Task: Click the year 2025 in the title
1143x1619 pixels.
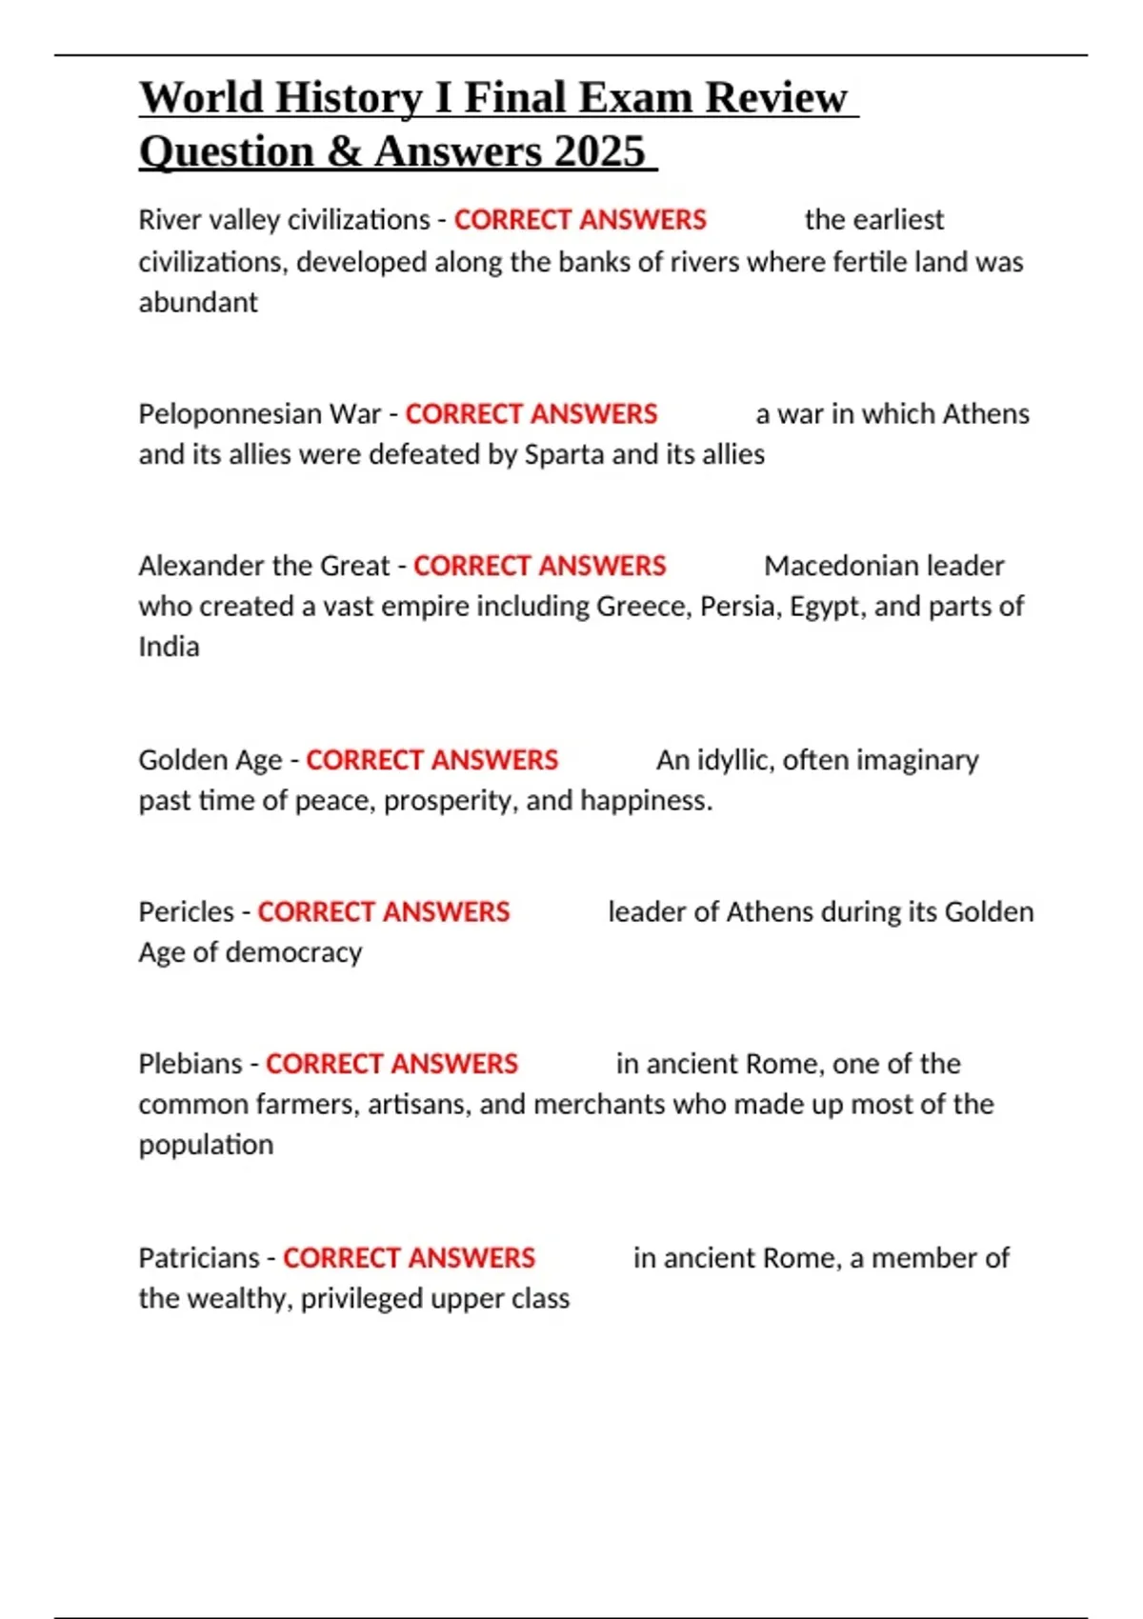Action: click(599, 151)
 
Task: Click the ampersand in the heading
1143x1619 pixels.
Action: click(343, 151)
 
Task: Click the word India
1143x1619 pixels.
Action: click(169, 647)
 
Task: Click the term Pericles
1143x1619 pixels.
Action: click(186, 911)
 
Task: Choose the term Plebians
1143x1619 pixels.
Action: click(190, 1064)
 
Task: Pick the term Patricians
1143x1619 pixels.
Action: click(198, 1258)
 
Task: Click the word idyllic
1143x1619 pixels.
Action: click(738, 760)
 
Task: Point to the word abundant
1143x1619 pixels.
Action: click(198, 303)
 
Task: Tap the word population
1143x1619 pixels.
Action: click(206, 1145)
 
